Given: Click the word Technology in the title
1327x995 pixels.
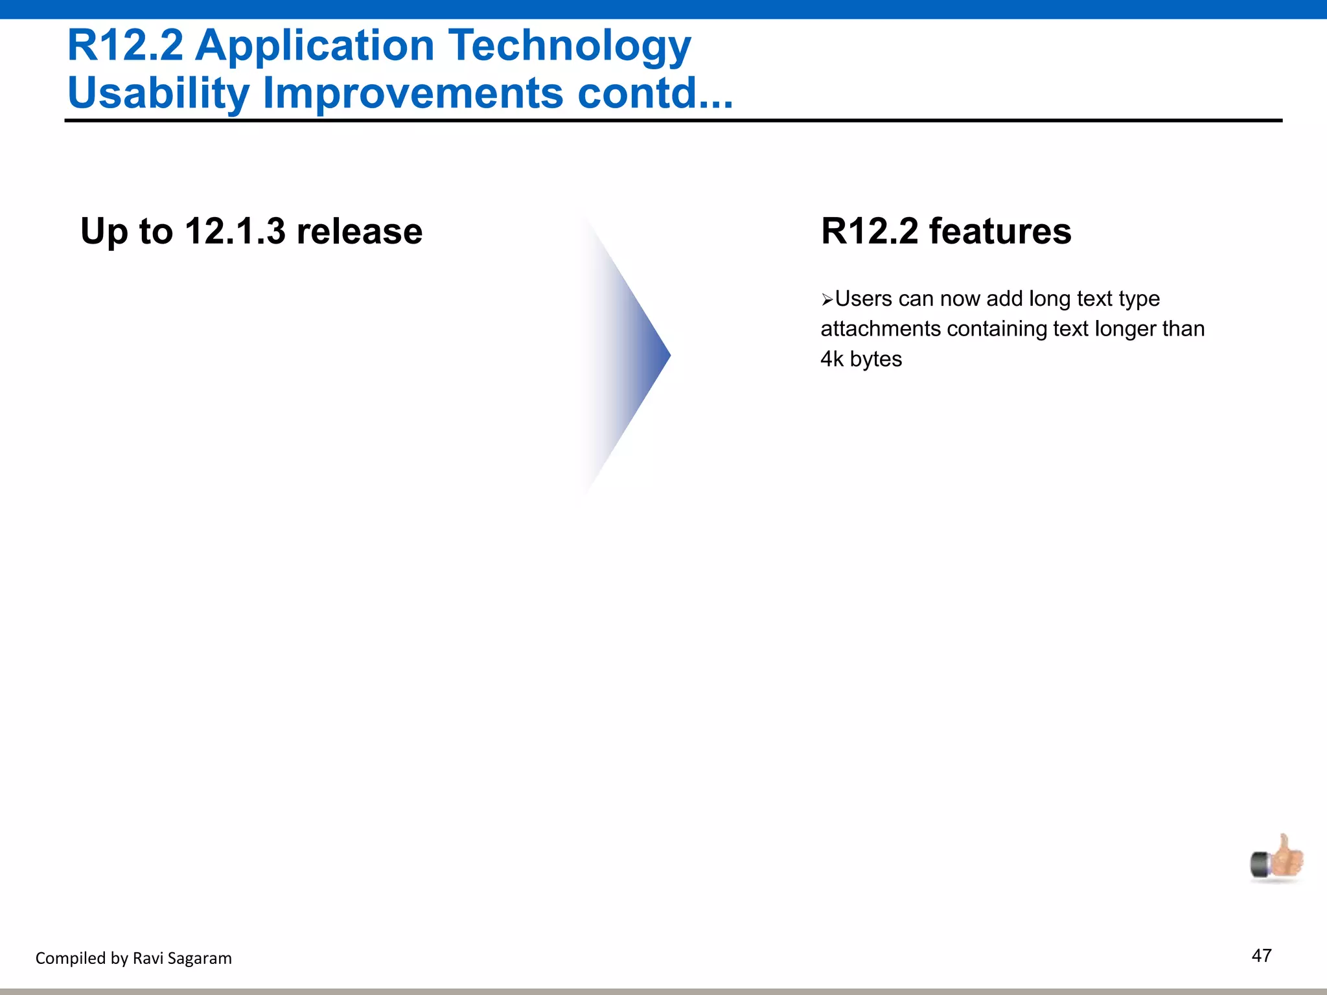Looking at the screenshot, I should click(570, 47).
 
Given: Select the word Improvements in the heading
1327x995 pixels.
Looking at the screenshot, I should click(413, 93).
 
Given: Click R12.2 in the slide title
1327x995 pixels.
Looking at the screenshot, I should click(125, 46).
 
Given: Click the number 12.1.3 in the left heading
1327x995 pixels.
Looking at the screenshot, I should click(235, 231).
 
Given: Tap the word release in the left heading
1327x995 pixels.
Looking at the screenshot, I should click(359, 231).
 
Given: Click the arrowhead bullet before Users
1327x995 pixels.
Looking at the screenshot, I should click(827, 300).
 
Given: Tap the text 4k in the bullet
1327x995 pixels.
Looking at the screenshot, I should click(832, 359).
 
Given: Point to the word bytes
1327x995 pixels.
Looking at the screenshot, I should click(876, 360).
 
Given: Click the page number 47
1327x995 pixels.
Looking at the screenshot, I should click(1262, 955).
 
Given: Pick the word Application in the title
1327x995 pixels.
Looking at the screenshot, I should click(315, 47).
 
